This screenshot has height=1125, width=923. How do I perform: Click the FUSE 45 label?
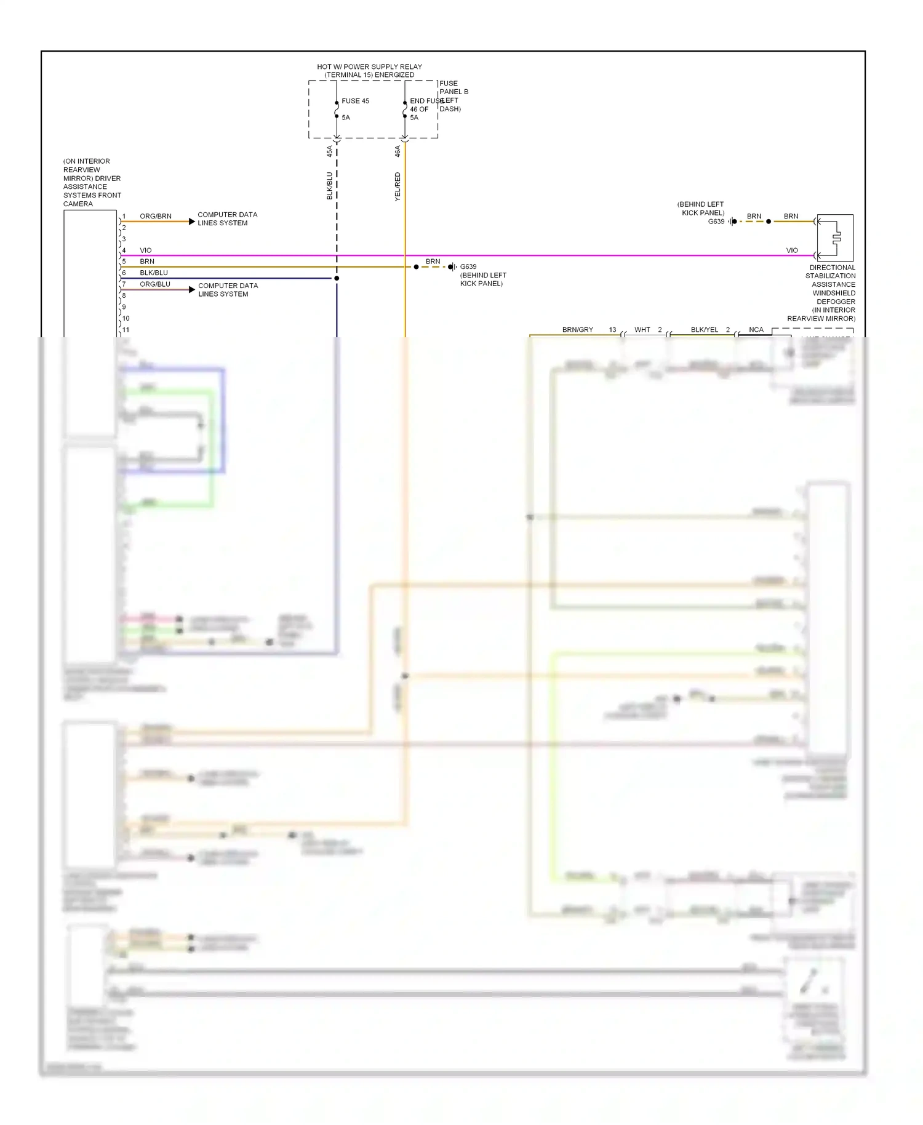point(355,101)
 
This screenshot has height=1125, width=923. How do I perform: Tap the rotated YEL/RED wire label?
point(398,186)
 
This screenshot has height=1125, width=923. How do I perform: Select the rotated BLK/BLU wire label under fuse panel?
point(329,185)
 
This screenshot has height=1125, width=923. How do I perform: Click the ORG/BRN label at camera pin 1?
point(156,216)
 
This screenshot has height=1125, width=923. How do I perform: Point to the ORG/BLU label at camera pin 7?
point(155,284)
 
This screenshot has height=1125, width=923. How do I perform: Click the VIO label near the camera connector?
point(146,250)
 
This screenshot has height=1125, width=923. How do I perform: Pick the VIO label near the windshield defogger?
point(792,250)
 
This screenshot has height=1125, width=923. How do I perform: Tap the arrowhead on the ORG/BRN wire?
point(192,222)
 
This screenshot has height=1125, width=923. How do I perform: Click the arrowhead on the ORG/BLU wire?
point(192,289)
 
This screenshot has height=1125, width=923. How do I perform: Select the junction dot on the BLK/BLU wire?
point(337,278)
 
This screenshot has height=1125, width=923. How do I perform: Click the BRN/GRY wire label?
point(577,330)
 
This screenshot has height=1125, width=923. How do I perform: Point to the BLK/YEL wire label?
point(705,330)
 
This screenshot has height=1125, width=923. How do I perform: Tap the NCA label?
point(756,330)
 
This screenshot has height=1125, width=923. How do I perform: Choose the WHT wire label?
point(642,330)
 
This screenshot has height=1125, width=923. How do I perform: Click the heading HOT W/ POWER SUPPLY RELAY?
point(369,66)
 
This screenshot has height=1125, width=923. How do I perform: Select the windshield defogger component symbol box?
point(835,238)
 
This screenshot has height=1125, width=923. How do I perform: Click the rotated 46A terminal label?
point(398,151)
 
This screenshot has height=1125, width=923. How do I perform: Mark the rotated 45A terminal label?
point(329,151)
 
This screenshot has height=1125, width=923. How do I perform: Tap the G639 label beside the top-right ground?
point(716,222)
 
